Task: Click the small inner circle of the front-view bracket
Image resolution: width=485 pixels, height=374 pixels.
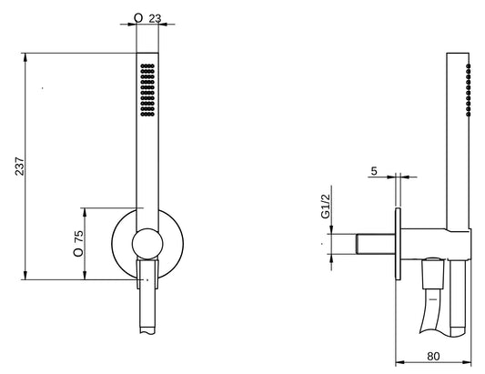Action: point(146,243)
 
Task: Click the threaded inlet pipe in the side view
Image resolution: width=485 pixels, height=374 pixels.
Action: point(374,244)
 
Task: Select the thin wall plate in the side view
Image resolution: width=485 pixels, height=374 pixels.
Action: point(398,244)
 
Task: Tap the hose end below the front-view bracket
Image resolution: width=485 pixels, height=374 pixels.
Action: point(147,309)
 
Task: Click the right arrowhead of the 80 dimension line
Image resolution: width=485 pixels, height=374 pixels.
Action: point(471,359)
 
